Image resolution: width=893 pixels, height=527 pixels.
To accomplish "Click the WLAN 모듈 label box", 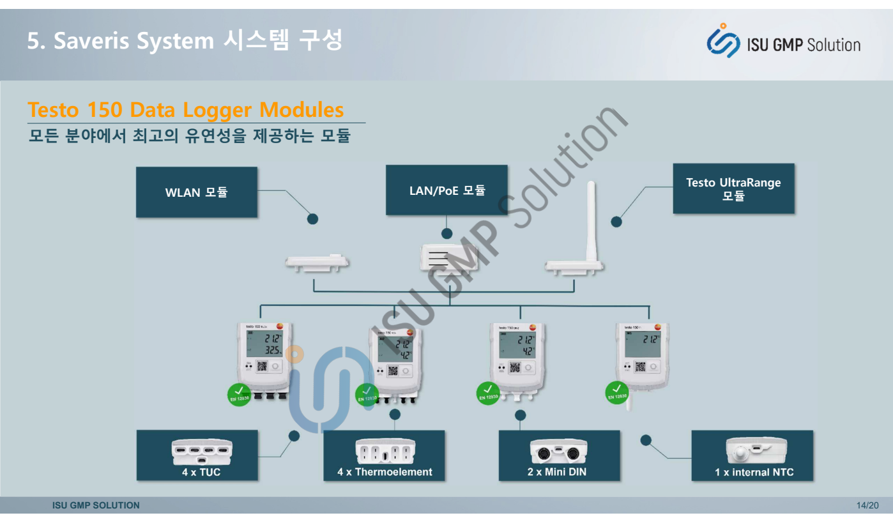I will pos(197,192).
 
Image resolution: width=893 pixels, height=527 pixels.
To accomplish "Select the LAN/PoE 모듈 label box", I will pos(446,190).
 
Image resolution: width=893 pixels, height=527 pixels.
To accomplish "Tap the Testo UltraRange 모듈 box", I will pos(733,188).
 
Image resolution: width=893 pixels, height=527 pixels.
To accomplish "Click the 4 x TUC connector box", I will pos(197,455).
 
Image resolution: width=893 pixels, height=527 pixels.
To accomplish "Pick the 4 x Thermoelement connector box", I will pos(384,455).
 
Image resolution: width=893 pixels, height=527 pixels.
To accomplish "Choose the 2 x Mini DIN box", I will pos(559,455).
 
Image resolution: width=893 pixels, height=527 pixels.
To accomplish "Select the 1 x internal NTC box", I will pos(752,455).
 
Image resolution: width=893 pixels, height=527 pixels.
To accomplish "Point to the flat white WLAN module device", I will pos(317,263).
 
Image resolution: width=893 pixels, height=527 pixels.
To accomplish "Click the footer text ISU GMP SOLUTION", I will pos(96,505).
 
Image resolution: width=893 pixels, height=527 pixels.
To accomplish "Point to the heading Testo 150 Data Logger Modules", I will pos(186,110).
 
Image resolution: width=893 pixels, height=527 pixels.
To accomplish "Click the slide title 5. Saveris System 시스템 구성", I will pos(185,42).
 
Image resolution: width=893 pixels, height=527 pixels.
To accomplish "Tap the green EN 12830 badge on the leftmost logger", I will pos(238,394).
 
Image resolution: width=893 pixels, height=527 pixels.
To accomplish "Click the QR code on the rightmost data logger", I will pos(639,367).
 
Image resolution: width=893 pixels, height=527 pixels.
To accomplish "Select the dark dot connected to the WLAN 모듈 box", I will pos(312,219).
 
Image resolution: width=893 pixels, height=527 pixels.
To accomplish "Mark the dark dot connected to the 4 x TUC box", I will pos(294,436).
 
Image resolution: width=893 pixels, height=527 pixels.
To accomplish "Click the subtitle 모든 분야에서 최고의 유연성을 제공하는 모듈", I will pos(189,136).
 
